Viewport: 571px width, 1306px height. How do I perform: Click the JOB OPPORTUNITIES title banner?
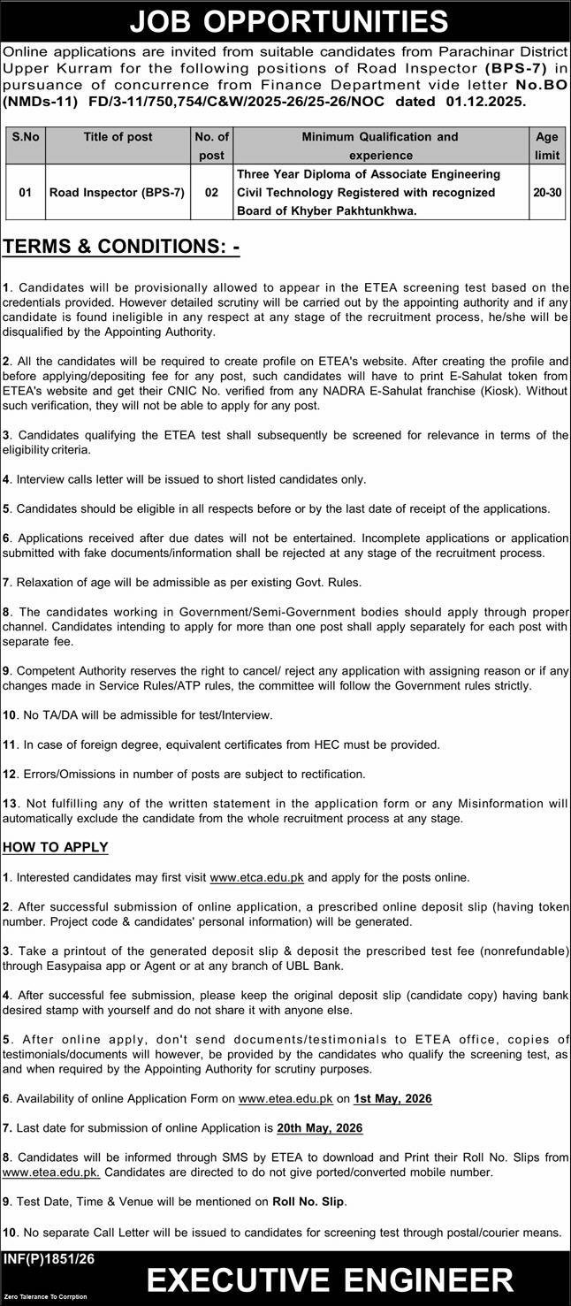[285, 19]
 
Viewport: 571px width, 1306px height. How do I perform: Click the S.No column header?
[26, 137]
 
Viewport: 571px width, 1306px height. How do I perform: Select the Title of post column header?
[118, 137]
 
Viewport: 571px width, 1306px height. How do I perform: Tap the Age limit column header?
[546, 146]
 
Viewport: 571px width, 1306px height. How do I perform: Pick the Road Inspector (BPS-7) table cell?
[118, 192]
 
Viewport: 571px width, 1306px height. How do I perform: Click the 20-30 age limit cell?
[546, 192]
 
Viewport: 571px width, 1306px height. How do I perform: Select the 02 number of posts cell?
[211, 192]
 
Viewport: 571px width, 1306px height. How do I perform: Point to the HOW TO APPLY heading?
[55, 847]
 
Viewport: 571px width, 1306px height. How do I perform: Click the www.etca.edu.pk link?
[256, 878]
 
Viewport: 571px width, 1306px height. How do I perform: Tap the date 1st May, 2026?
[392, 1098]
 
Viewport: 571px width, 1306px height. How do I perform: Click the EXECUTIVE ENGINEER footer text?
[330, 1280]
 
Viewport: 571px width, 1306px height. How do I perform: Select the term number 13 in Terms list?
[10, 804]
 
